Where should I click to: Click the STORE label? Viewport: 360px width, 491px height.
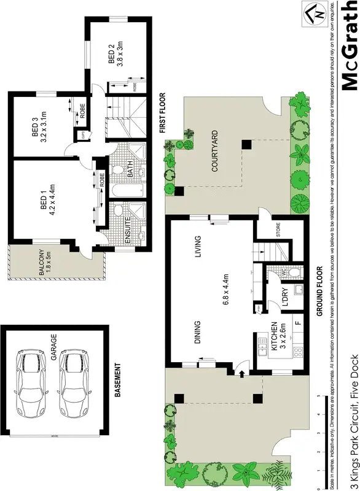pyautogui.click(x=277, y=232)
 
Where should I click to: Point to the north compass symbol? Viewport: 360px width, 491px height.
pyautogui.click(x=313, y=14)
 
